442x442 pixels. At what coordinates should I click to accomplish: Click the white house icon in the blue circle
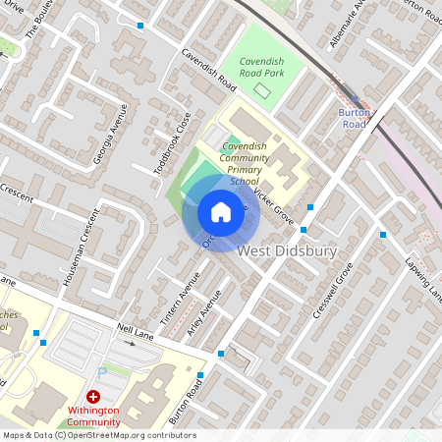pos(221,212)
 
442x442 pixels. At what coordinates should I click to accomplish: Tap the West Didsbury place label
pos(287,252)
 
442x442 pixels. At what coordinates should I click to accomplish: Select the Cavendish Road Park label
pos(255,68)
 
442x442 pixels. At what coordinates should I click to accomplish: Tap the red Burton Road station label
pos(353,118)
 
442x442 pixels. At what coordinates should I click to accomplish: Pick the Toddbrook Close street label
pos(172,143)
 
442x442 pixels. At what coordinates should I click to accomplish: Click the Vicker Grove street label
pos(274,205)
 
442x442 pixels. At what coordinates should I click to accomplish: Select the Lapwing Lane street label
pos(424,278)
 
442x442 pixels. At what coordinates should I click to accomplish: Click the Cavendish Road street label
pos(203,68)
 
